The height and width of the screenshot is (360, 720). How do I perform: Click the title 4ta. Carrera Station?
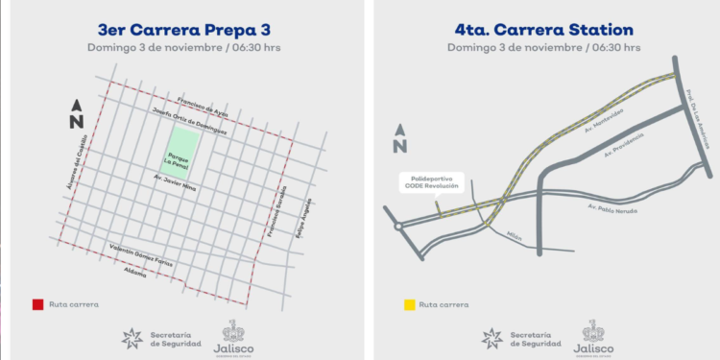point(543,28)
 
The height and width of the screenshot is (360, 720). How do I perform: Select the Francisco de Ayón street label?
point(198,108)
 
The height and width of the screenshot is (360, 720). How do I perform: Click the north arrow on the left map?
point(77,114)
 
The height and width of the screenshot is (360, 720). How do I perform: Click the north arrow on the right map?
point(399,139)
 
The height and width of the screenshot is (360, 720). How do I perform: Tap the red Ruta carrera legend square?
point(36,304)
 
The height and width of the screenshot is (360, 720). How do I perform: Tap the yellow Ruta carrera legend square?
point(408,304)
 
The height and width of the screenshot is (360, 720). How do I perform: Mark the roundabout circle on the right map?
point(396,228)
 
